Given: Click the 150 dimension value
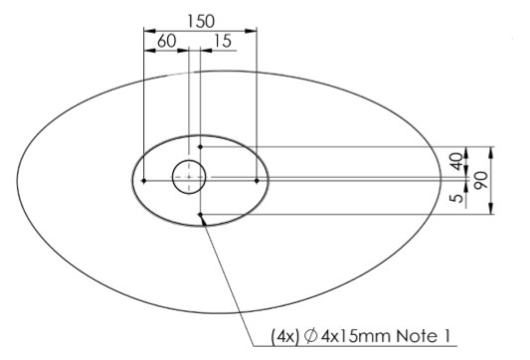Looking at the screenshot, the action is [201, 21].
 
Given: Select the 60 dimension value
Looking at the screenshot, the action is [167, 41].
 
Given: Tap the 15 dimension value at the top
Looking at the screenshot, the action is [223, 41].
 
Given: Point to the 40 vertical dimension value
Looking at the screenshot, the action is [456, 161].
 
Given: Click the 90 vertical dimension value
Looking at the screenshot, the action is [481, 180].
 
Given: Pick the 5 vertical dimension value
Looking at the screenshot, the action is [457, 198].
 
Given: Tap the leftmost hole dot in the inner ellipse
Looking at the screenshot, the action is [144, 181].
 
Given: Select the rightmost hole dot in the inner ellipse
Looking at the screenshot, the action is [257, 181].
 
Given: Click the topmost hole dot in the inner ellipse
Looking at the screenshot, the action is [201, 147].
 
